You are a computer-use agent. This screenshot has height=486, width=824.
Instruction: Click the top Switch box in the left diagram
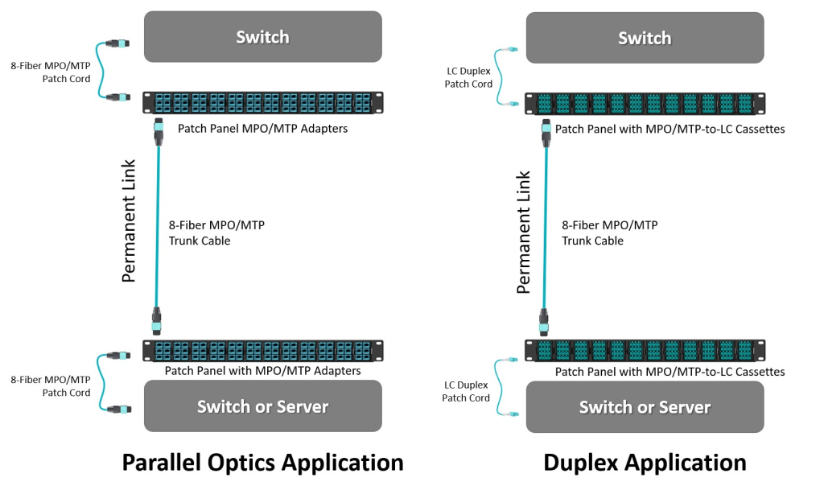coord(262,36)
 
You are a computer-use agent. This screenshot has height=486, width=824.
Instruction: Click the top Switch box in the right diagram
coord(644,38)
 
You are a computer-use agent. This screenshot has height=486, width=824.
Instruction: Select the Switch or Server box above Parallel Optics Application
coord(262,406)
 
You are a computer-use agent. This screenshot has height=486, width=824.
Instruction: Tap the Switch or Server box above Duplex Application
coord(644,407)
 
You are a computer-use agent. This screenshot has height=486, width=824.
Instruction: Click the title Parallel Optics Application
coord(262,463)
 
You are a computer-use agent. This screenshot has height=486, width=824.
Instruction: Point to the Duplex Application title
coord(645,463)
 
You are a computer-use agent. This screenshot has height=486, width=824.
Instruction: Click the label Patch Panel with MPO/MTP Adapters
coord(262,371)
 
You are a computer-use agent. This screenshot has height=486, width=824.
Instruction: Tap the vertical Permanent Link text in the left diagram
coord(129,220)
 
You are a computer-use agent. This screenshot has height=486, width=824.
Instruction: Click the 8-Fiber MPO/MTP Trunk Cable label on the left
coord(216,233)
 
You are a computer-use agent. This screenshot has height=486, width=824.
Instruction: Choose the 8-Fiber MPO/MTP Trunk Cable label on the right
coord(609,233)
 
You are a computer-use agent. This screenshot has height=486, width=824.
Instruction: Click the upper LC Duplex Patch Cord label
coord(468,77)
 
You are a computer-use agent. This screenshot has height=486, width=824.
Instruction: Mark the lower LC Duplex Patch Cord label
coord(466,392)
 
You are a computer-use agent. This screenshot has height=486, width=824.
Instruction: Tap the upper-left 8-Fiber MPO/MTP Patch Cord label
coord(50,72)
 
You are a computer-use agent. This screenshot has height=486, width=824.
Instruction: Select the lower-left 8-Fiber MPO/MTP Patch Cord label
coord(50,385)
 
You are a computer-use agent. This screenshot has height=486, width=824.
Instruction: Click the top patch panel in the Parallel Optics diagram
coord(262,103)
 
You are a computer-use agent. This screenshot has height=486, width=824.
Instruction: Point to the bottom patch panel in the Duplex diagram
coord(645,351)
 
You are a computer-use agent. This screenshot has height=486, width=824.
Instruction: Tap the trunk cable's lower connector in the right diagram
coord(545,324)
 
